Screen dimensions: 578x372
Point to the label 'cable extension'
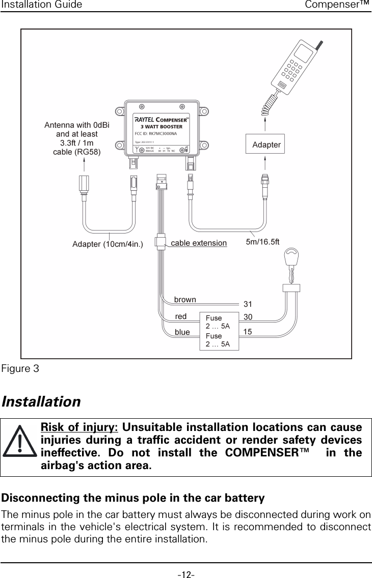(199, 243)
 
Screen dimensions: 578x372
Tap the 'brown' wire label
(185, 299)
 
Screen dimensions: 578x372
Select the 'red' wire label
(181, 316)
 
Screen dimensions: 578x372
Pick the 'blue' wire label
(182, 332)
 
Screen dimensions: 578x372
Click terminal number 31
(248, 304)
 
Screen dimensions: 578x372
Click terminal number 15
(248, 332)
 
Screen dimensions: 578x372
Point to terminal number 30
(248, 316)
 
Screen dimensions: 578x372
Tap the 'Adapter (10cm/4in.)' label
(108, 244)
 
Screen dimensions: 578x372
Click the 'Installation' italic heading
(41, 402)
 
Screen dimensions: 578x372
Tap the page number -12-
(185, 574)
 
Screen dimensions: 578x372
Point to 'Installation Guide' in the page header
(41, 5)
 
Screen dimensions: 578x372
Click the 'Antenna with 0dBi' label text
(77, 125)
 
